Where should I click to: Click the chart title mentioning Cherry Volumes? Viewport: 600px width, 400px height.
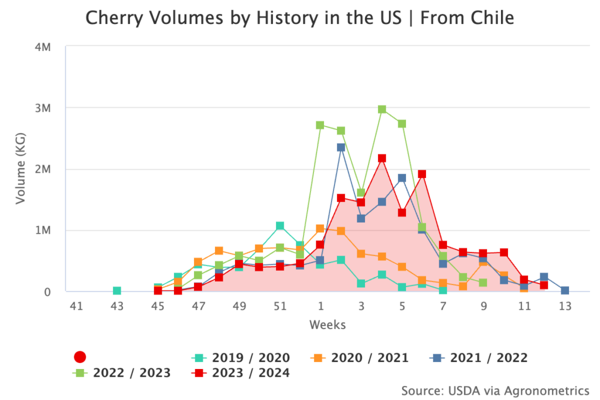tap(299, 18)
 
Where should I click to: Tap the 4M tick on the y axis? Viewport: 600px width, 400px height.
tap(43, 47)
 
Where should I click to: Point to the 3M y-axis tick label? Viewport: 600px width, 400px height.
tap(43, 108)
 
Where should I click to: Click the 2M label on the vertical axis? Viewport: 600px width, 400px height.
tap(43, 169)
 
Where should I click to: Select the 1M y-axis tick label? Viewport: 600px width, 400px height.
tap(43, 230)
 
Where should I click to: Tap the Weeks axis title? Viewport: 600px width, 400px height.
tap(328, 324)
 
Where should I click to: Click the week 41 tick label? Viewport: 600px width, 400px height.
tap(76, 306)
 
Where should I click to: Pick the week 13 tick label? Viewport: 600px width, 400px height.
tap(564, 306)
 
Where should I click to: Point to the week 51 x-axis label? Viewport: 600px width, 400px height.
tap(279, 306)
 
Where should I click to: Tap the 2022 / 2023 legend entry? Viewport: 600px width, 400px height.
tap(122, 372)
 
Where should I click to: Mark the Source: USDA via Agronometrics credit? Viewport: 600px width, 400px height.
tap(495, 390)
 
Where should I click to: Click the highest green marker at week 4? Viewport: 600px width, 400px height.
tap(382, 110)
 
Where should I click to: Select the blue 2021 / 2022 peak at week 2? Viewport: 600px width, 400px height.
tap(341, 148)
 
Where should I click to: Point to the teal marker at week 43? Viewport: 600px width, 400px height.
tap(117, 291)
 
